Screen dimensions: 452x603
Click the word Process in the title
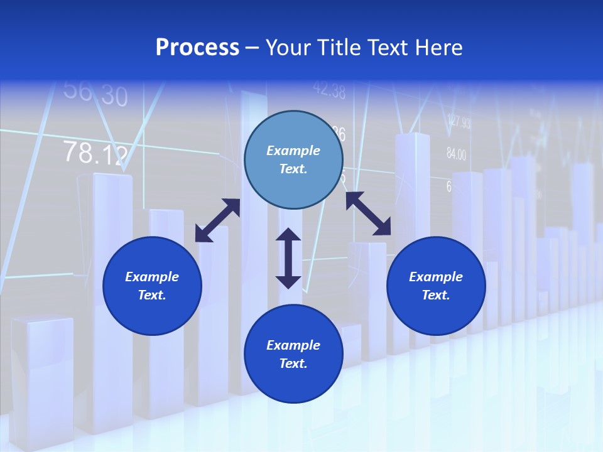tap(197, 47)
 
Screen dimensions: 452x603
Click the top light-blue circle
tap(293, 159)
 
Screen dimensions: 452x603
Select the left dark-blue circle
tap(152, 286)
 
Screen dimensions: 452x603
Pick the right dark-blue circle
tap(436, 286)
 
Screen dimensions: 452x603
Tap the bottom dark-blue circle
tap(293, 353)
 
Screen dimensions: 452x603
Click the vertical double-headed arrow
tap(288, 258)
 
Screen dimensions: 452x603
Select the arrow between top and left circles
tap(217, 220)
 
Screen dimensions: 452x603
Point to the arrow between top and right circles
tap(368, 214)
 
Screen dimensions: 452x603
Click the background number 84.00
tap(457, 154)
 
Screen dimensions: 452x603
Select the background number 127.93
tap(459, 122)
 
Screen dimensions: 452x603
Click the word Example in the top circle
tap(293, 151)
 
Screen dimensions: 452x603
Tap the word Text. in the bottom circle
tap(293, 363)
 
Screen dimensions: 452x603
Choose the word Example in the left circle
tap(152, 277)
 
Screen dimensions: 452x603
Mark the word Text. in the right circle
tap(436, 295)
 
